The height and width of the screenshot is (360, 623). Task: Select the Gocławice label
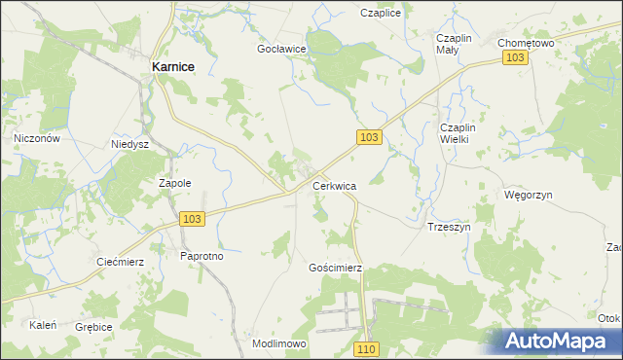tap(282, 48)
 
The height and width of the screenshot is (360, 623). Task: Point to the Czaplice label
tap(381, 14)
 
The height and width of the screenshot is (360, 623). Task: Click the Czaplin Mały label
tap(454, 44)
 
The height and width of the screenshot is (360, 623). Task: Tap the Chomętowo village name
tap(525, 43)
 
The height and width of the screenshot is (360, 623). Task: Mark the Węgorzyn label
tap(529, 195)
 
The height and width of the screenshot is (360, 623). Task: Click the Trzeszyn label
tap(449, 226)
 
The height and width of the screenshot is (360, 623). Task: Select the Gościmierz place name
tap(335, 267)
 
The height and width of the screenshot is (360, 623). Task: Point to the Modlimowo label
tap(279, 344)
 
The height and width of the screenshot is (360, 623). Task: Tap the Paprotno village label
tap(202, 256)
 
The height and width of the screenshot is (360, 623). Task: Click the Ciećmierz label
tap(121, 261)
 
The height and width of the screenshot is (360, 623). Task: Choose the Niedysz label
tap(128, 142)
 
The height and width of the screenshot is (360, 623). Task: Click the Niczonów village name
tap(38, 138)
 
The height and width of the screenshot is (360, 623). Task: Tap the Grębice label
tap(94, 328)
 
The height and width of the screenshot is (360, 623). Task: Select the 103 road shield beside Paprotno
tap(192, 220)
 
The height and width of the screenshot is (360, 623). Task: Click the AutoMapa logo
tap(557, 342)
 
